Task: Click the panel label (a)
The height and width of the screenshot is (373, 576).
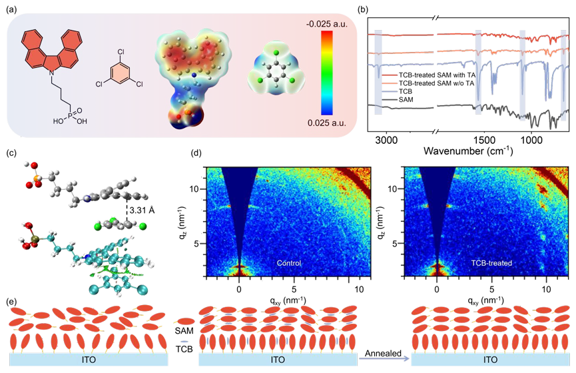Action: pyautogui.click(x=11, y=9)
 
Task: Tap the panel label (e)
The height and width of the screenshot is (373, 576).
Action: pyautogui.click(x=11, y=302)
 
